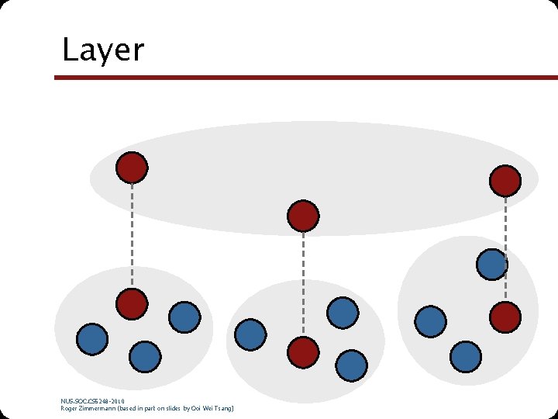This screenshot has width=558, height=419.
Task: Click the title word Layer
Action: click(x=103, y=50)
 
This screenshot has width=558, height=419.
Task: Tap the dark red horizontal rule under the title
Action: click(x=305, y=78)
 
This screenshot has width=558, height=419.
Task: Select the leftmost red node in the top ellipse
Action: click(x=132, y=167)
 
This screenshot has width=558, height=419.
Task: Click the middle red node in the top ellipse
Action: click(x=303, y=216)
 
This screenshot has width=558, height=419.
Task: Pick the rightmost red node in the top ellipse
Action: click(x=505, y=181)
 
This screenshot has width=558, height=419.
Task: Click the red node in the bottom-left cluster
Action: click(x=132, y=303)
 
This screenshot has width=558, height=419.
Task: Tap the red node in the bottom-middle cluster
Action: click(x=303, y=352)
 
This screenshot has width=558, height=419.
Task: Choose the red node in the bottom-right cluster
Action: click(x=505, y=317)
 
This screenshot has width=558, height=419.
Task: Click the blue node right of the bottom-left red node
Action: click(x=184, y=317)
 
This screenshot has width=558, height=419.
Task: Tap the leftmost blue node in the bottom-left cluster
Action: click(x=92, y=339)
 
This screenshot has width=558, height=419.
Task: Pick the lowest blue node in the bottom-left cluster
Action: click(x=144, y=357)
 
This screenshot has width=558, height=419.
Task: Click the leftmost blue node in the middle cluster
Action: click(x=250, y=334)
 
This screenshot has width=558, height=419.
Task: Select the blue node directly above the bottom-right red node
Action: click(x=492, y=264)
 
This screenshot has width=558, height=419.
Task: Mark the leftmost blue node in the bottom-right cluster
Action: click(x=430, y=320)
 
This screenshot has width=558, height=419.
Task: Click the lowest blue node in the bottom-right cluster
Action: click(x=465, y=356)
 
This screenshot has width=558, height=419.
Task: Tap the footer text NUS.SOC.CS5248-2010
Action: click(x=92, y=400)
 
